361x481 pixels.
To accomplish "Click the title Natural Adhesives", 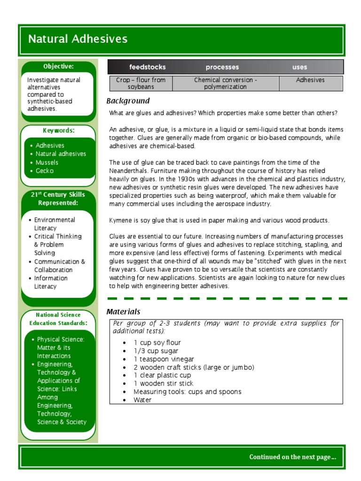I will point(78,39).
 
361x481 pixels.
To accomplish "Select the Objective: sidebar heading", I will point(58,67).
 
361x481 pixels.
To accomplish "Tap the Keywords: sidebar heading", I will point(58,131).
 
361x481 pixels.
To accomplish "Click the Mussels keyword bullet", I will point(47,163).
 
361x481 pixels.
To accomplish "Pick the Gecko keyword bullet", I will point(45,171).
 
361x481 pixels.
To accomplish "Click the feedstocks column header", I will point(147,67).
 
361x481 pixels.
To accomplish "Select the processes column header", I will point(222,67).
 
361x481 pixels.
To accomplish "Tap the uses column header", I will point(299,67).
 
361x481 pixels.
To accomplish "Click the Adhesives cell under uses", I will point(310,80).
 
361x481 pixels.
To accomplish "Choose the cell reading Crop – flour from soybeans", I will point(141,84).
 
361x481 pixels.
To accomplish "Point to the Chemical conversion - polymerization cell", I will point(226,84).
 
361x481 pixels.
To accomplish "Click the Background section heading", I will point(128,101).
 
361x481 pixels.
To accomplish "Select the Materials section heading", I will point(123,312).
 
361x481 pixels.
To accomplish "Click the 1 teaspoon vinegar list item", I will point(163,359).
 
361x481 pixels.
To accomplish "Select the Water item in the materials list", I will point(142,400).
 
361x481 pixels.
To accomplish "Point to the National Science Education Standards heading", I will point(58,319).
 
